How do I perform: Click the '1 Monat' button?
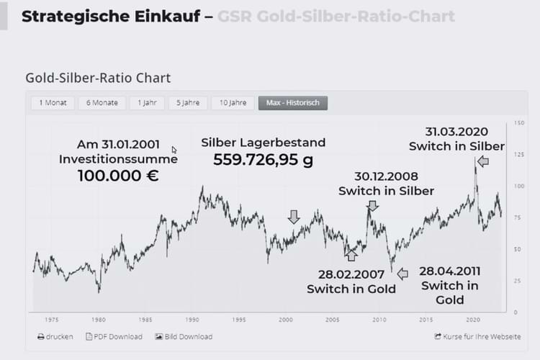coord(53,103)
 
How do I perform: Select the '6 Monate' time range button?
coord(102,103)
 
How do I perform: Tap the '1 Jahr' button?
coord(148,103)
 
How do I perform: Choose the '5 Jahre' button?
coord(188,103)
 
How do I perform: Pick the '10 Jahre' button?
coord(233,103)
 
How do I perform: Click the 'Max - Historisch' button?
coord(293,103)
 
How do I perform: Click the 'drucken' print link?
coord(55,336)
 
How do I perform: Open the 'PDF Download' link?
coord(114,336)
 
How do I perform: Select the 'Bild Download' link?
coord(184,336)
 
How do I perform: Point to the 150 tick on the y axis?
coord(519,123)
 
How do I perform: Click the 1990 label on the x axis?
coord(192,319)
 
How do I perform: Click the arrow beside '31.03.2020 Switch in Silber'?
coord(482,162)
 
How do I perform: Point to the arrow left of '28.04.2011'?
coord(402,274)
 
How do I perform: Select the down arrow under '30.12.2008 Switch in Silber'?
coord(372,205)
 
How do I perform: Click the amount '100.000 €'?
coord(118,175)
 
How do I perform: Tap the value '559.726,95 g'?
coord(263,160)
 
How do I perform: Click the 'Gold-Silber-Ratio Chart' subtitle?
coord(98,78)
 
